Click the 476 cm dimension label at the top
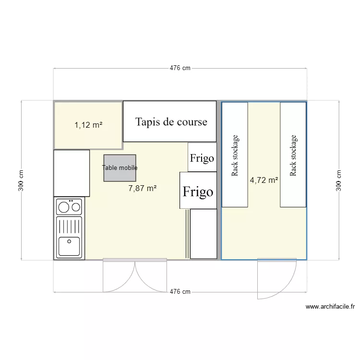tap(180, 68)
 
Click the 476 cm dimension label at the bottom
tap(180, 292)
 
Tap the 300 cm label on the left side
tap(21, 180)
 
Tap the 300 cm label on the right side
tap(339, 180)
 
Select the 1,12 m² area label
tap(88, 125)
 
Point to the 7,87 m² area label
tap(143, 189)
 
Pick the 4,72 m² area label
tap(264, 180)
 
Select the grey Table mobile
tap(120, 168)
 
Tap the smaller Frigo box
tap(202, 157)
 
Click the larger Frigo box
tap(198, 191)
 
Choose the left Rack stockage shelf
tap(235, 155)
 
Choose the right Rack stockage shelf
tap(293, 155)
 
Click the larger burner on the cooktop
tap(63, 207)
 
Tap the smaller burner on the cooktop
tap(75, 207)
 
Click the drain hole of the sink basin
tap(69, 241)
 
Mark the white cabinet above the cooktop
tap(71, 173)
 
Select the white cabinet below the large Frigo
tap(203, 234)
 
